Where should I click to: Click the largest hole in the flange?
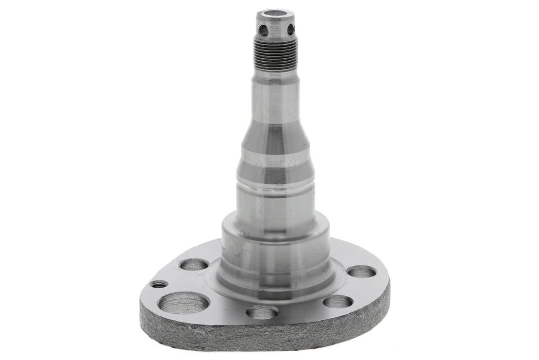pyautogui.click(x=183, y=303)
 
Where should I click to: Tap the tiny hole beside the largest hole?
pyautogui.click(x=159, y=284)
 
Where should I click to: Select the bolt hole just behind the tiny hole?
pyautogui.click(x=194, y=265)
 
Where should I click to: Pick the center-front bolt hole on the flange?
pyautogui.click(x=262, y=312)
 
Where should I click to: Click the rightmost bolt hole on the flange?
pyautogui.click(x=362, y=272)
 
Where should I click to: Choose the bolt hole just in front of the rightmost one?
pyautogui.click(x=337, y=302)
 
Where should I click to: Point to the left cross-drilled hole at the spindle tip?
pyautogui.click(x=263, y=30)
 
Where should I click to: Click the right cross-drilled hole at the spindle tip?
pyautogui.click(x=290, y=29)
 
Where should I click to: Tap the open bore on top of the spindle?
pyautogui.click(x=275, y=13)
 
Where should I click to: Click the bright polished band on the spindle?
pyautogui.click(x=275, y=157)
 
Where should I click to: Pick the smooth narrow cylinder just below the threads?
pyautogui.click(x=275, y=100)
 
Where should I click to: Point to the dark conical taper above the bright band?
pyautogui.click(x=275, y=136)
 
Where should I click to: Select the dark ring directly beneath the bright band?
pyautogui.click(x=275, y=173)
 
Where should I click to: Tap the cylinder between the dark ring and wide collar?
pyautogui.click(x=275, y=202)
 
